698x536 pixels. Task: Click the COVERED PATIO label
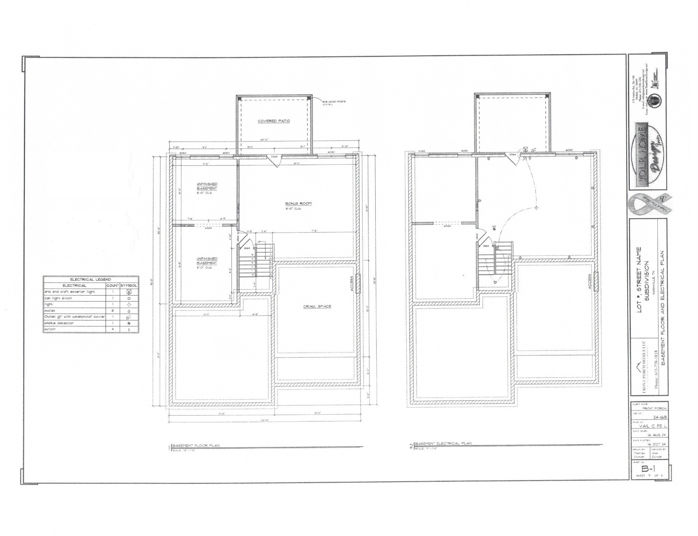click(x=274, y=121)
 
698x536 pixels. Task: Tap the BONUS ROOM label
click(x=298, y=204)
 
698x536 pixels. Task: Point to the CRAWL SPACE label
click(x=317, y=307)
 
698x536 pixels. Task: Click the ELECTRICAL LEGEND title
click(x=91, y=280)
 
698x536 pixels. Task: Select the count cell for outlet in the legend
click(x=112, y=311)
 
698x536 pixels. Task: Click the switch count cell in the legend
click(x=112, y=329)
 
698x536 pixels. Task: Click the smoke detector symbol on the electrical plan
click(x=495, y=227)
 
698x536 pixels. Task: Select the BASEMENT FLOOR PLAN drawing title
click(x=196, y=446)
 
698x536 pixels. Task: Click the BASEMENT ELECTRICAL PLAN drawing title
click(x=443, y=443)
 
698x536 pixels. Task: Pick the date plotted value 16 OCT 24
click(x=656, y=444)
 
